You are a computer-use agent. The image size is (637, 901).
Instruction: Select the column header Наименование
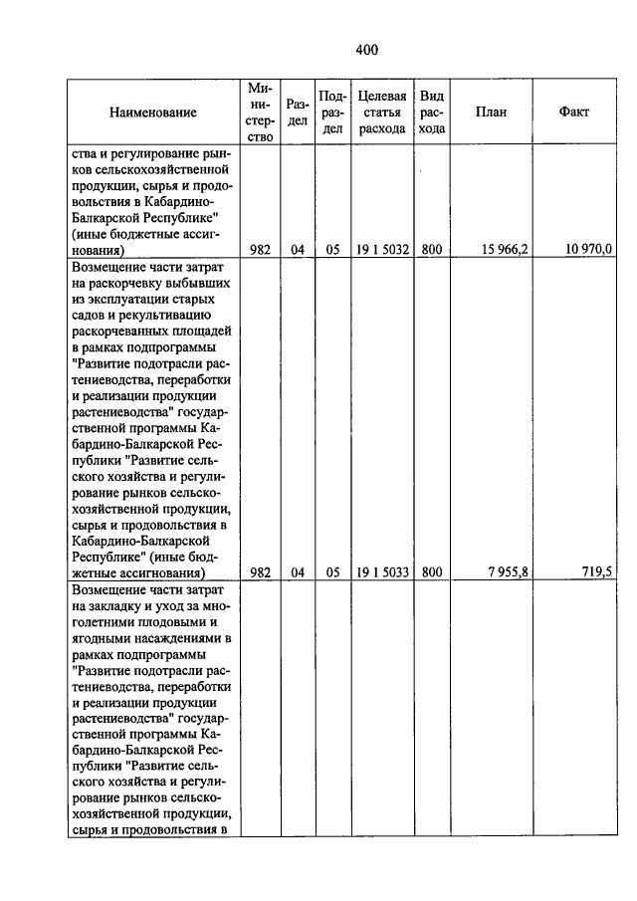153,113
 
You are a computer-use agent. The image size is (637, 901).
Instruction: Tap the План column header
491,113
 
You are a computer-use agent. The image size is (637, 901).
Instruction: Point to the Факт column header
574,113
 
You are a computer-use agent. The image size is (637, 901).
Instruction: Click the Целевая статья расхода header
382,113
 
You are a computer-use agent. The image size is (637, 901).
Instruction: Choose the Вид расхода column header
432,113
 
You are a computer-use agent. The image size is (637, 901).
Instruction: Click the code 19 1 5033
382,572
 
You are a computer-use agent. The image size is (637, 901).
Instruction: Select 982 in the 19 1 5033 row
261,572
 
